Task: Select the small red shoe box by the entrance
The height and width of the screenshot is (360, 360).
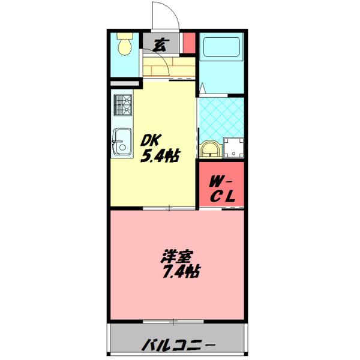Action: (x=188, y=43)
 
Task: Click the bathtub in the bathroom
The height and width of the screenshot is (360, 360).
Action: (x=221, y=48)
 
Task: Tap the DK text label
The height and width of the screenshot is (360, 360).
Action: (x=151, y=140)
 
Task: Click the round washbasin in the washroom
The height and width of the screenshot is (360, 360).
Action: (x=209, y=148)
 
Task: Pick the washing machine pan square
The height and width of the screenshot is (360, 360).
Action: (x=233, y=147)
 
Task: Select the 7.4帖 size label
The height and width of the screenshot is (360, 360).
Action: (x=179, y=272)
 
